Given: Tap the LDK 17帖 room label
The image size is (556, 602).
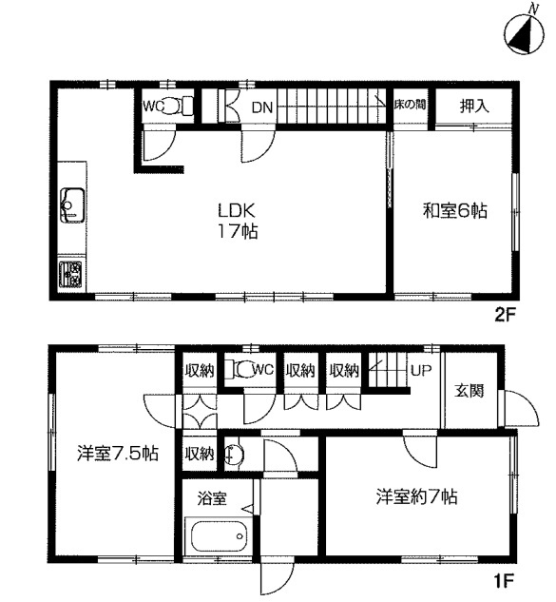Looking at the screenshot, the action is (237, 222).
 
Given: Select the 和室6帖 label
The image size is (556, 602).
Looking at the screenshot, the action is (454, 211).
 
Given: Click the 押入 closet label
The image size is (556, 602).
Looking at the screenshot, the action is (474, 106).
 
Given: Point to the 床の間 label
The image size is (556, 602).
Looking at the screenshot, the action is (410, 105).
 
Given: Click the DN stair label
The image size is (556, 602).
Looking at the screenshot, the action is (262, 107).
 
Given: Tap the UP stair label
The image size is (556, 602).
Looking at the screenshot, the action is (421, 370).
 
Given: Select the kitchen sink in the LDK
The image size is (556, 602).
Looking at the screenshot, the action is (72, 205).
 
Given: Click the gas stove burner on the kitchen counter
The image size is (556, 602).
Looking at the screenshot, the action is (70, 275).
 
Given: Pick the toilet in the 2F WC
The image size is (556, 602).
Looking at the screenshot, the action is (176, 106).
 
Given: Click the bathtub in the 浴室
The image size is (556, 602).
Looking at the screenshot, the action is (219, 535).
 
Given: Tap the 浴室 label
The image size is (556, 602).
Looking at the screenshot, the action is (212, 498).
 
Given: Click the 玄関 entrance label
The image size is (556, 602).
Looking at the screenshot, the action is (470, 390).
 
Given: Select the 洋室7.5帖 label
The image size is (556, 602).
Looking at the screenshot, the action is (118, 454).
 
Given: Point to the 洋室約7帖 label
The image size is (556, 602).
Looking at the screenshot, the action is (416, 496).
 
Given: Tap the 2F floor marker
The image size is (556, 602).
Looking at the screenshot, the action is (504, 316).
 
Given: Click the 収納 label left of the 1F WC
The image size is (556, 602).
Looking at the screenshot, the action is (200, 371).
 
